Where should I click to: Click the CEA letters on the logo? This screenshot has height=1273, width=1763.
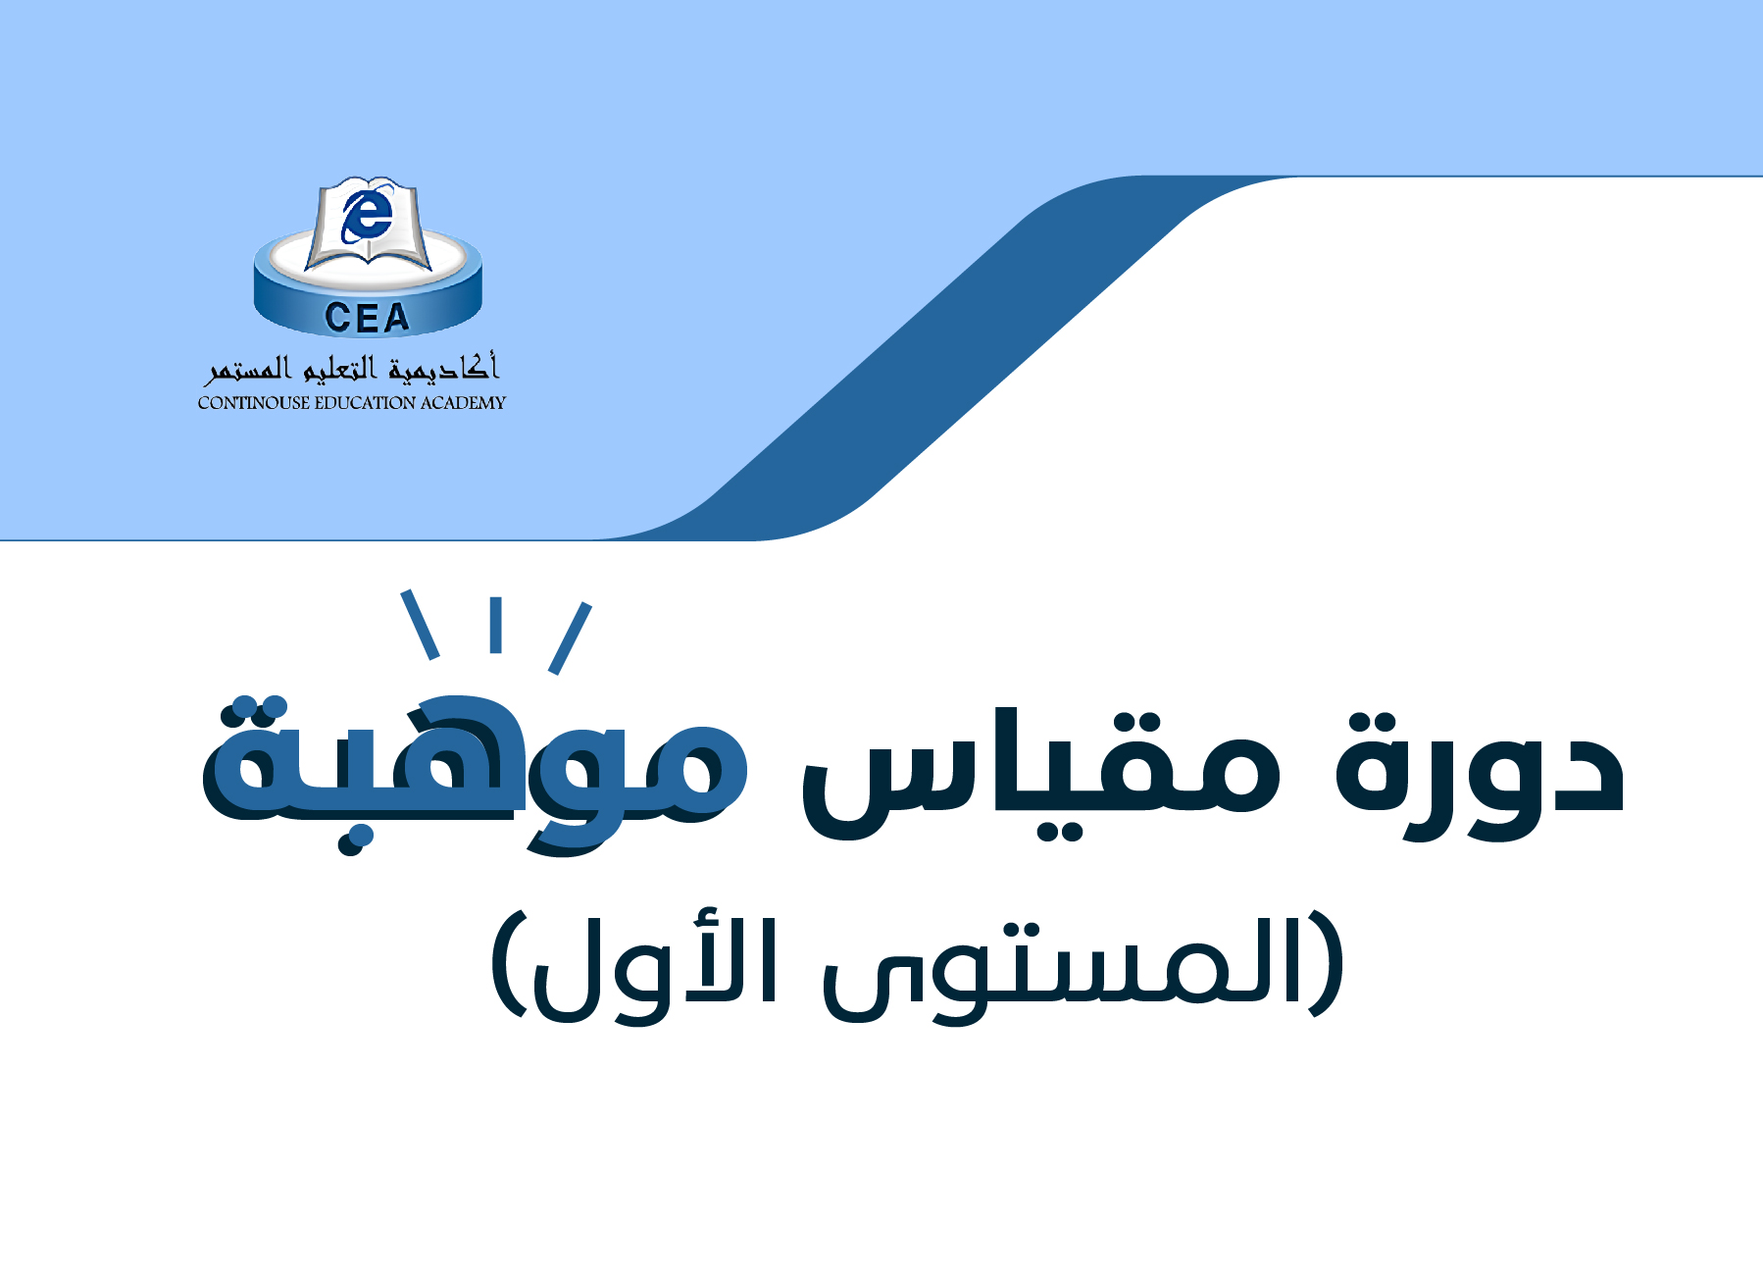click(x=367, y=317)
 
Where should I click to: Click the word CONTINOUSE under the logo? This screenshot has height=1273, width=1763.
click(x=253, y=403)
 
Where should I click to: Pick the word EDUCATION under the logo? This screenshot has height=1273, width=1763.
click(x=365, y=403)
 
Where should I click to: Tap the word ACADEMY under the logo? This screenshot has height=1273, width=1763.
click(x=463, y=403)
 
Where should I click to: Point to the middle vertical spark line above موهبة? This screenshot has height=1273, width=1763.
click(x=496, y=625)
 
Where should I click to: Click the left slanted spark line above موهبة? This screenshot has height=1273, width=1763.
click(x=420, y=625)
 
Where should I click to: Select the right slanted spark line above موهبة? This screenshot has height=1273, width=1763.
click(x=570, y=638)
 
